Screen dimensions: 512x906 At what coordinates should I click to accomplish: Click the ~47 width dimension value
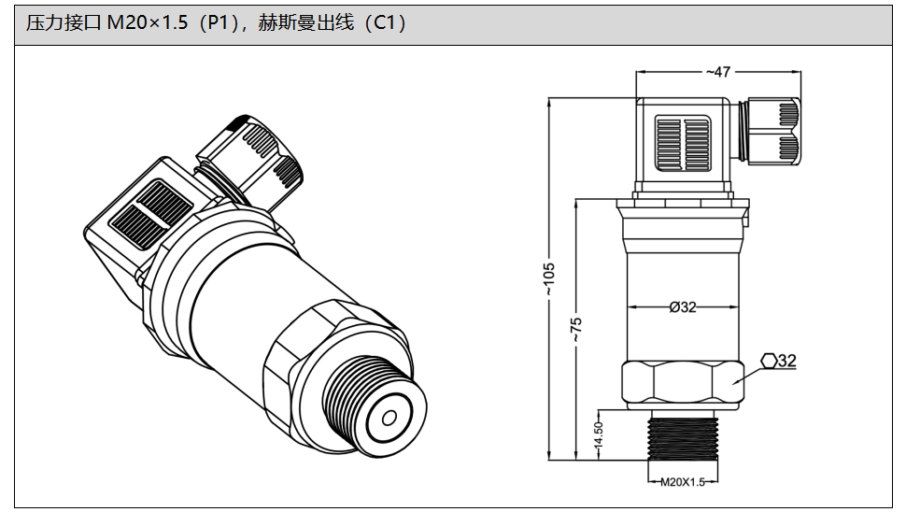718,72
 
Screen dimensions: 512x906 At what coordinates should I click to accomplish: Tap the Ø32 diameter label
683,307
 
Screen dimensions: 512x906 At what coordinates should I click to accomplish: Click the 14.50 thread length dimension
599,435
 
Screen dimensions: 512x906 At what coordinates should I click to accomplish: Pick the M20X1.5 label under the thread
682,482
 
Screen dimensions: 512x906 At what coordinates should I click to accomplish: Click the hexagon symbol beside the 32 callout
768,361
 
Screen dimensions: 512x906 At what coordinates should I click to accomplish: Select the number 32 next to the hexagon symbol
786,361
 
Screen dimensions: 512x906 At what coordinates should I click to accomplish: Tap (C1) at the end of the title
384,24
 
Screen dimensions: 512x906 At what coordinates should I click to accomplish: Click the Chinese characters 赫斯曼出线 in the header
306,24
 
